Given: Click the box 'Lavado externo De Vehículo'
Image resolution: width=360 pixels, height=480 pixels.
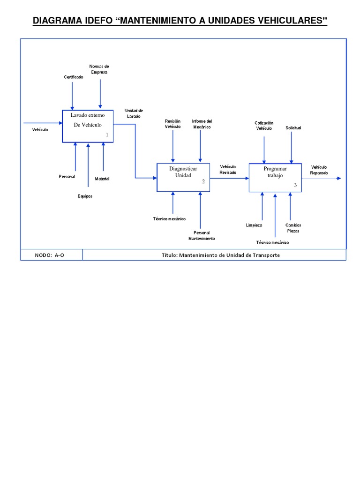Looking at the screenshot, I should (x=89, y=126).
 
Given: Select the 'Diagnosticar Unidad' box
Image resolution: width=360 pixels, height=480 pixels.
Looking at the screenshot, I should (x=183, y=177).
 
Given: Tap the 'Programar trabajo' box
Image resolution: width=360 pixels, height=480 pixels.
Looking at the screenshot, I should (x=275, y=177).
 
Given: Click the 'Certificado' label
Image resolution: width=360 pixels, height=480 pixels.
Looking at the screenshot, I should (x=74, y=77).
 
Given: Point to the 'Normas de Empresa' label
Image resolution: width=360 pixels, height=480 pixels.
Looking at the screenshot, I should (x=99, y=69).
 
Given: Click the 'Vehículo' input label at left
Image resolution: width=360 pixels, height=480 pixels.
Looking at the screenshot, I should (x=40, y=129).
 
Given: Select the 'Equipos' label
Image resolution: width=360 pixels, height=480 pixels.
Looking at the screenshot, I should (x=85, y=196).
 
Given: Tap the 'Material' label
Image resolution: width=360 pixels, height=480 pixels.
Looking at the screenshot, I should (x=102, y=179).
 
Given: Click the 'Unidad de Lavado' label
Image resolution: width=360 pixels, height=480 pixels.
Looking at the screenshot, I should (x=133, y=113).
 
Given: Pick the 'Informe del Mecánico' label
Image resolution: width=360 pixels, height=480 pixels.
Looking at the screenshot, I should (x=202, y=124).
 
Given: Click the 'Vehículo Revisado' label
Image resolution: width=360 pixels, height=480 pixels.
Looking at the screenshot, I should (x=228, y=169).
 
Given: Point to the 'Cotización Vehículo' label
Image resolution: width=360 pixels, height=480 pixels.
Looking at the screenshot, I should (x=264, y=125).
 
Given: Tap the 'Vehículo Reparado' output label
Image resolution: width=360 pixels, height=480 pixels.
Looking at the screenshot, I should (x=319, y=170).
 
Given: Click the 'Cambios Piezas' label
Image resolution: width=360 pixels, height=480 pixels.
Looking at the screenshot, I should (x=293, y=228).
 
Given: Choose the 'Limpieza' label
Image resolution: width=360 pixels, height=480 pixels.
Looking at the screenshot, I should (x=254, y=225).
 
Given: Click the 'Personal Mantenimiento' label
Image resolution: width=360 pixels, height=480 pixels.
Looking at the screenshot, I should (x=202, y=235).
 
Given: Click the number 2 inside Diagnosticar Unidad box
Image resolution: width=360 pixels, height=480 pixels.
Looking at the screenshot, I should (x=203, y=182).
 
